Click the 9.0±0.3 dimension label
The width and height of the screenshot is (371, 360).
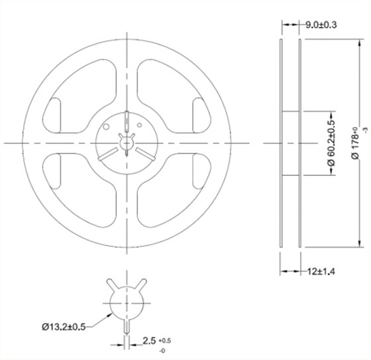pos(321,25)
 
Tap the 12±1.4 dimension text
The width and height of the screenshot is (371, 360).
pos(321,271)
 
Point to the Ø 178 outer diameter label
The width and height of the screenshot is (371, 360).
pos(356,143)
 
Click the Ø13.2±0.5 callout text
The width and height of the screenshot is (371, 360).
pos(64,327)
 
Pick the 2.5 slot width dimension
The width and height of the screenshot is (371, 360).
pos(149,341)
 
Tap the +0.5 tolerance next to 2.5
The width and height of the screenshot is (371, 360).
pos(165,341)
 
